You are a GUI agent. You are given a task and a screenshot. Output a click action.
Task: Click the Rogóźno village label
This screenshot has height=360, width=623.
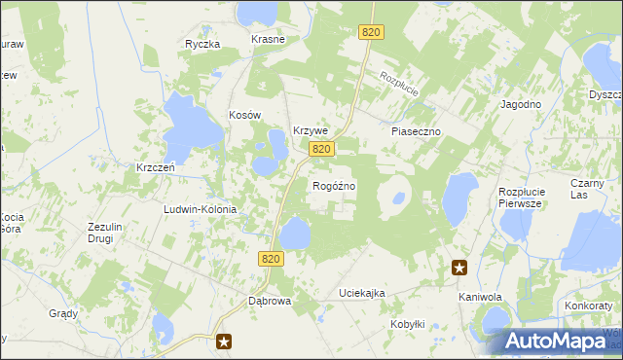click(x=333, y=186)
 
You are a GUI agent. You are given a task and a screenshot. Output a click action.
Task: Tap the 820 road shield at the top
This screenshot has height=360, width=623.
click(x=370, y=32)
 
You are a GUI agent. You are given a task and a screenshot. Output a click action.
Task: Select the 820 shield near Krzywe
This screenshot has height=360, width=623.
click(x=323, y=149)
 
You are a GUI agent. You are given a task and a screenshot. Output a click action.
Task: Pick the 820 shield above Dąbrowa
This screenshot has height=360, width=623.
click(x=272, y=258)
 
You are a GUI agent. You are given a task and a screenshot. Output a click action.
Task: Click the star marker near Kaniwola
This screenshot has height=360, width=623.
click(x=459, y=268)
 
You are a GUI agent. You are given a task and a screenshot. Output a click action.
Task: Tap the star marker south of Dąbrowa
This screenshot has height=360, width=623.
click(x=225, y=341)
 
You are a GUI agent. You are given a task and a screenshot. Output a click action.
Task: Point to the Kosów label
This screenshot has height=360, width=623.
click(x=246, y=115)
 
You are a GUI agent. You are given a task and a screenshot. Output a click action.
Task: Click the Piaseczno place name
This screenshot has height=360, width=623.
click(x=417, y=130)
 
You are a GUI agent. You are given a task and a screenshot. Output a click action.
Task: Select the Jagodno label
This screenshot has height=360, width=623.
click(x=521, y=104)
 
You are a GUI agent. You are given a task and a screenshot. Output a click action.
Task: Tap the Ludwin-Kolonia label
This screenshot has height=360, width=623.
click(x=201, y=209)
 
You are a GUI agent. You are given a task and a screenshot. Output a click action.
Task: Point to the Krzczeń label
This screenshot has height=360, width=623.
click(x=156, y=166)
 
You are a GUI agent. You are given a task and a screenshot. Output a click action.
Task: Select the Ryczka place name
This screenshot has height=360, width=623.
click(x=203, y=44)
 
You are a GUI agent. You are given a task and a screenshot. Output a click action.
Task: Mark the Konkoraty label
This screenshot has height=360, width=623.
click(x=588, y=306)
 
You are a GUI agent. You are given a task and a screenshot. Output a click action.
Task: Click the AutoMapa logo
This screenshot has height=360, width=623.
click(x=559, y=342)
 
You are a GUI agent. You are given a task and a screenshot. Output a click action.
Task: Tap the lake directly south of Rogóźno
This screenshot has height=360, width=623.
click(x=295, y=234)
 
